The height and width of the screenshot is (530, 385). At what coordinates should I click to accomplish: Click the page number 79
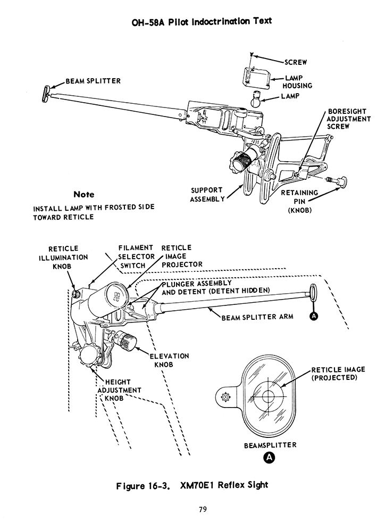pos(202,510)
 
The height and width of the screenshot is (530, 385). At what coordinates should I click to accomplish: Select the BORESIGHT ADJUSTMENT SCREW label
pos(348,119)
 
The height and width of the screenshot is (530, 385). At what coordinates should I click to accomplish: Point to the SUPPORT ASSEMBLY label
pos(207,194)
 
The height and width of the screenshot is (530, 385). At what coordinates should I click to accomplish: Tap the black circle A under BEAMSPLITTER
pos(270,457)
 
